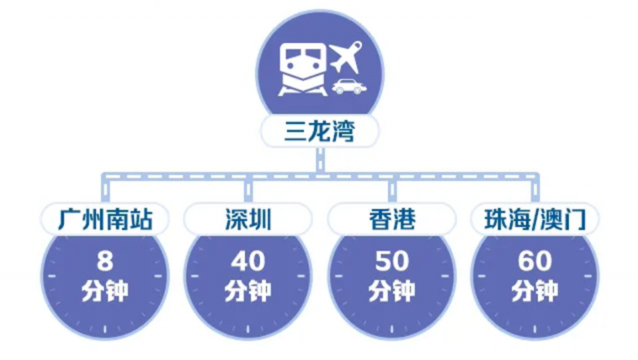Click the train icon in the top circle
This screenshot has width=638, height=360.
tap(303, 70)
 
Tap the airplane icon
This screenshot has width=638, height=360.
tap(346, 57)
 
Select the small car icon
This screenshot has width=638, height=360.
tap(349, 86)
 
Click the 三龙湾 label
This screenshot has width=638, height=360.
tap(320, 131)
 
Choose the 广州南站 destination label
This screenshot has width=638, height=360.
tap(105, 220)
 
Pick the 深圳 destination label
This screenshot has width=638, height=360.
tap(248, 220)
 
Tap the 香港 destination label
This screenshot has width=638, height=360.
tap(392, 220)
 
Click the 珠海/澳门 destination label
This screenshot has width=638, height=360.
tap(535, 220)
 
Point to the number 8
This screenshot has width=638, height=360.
tap(105, 261)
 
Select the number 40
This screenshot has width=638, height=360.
tap(248, 261)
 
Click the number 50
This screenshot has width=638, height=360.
tap(392, 261)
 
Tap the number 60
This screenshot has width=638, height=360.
tap(535, 261)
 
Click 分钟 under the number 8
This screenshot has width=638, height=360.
tap(105, 290)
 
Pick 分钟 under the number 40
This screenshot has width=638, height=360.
tap(248, 290)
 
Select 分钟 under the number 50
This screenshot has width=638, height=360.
tap(392, 290)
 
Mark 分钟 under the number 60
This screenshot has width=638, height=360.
tap(535, 290)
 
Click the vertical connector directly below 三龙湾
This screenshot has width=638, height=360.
tap(320, 160)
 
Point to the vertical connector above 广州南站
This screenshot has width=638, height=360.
tap(106, 190)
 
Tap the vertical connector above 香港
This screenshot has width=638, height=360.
tap(392, 190)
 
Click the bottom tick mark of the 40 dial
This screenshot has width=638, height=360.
tap(248, 329)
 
